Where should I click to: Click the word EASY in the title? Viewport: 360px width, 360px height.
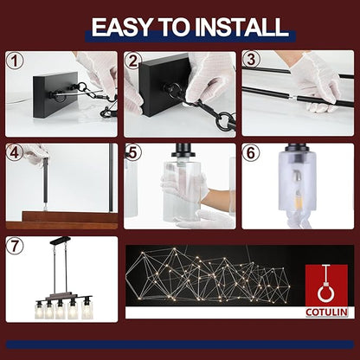[x=121, y=27]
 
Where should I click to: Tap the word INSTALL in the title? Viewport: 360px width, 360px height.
[x=241, y=27]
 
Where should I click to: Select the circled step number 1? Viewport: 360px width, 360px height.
[x=15, y=61]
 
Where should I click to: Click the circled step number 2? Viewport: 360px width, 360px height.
[x=133, y=61]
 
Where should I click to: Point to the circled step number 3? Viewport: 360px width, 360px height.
[x=251, y=60]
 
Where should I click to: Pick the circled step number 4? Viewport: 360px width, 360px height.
[x=15, y=153]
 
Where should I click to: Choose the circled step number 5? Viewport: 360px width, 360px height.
[x=133, y=153]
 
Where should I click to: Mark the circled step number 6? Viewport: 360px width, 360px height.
[x=251, y=153]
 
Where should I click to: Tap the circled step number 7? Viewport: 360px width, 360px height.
[x=15, y=246]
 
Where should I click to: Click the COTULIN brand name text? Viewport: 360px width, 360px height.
[x=326, y=312]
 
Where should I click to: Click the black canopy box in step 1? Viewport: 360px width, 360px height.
[x=55, y=94]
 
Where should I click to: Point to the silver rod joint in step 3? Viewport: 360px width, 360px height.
[x=293, y=98]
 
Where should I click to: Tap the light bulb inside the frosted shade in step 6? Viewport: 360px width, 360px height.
[x=297, y=189]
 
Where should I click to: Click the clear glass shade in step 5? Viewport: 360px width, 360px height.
[x=182, y=190]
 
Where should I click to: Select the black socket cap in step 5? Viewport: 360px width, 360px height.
[x=182, y=151]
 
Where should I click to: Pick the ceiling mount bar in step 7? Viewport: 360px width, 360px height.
[x=60, y=241]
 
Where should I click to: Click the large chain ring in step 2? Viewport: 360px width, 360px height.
[x=224, y=121]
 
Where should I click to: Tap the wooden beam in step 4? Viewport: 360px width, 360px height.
[x=61, y=221]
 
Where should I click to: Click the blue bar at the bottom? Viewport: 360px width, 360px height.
[x=180, y=344]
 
